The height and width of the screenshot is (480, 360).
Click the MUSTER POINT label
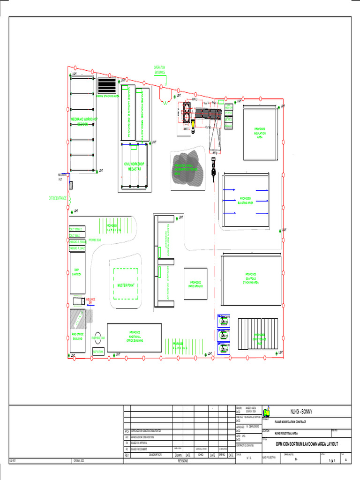[126, 285]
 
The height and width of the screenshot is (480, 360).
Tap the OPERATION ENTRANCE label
[159, 70]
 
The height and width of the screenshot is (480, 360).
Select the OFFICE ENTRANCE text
[58, 198]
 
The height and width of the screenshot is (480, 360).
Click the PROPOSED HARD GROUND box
[195, 284]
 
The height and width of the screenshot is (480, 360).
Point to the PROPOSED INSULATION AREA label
[260, 133]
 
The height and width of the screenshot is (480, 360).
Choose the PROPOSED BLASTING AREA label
[246, 201]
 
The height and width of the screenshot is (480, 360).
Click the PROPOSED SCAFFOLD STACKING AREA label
[251, 278]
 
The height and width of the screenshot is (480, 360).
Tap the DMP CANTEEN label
[77, 272]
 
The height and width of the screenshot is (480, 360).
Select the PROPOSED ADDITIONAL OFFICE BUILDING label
[135, 337]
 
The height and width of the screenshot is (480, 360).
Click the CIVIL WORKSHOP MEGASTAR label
[135, 166]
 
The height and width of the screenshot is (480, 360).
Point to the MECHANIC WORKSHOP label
[84, 121]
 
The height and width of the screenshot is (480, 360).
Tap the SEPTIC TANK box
[98, 352]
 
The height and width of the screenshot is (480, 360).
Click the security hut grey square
[71, 185]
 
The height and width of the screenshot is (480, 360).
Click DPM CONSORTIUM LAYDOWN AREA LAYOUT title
[307, 444]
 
